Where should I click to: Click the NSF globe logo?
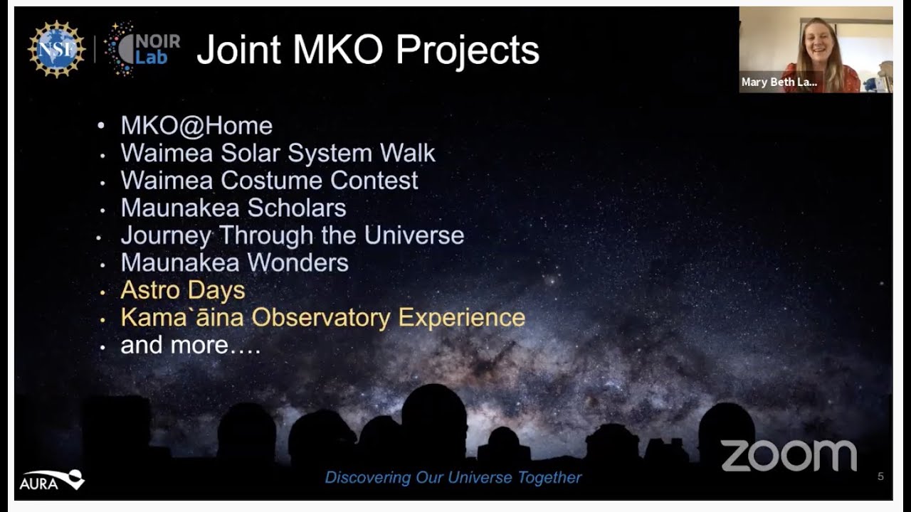56,49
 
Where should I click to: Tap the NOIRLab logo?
142,49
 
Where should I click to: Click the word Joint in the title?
238,50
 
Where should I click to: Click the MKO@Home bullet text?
196,125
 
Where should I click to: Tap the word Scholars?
297,208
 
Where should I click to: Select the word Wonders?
297,262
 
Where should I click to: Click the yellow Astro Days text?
183,291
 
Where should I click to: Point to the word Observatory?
321,318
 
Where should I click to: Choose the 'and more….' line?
190,345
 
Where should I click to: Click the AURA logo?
52,480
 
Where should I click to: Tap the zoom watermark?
789,456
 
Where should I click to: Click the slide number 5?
880,476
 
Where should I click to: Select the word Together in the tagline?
549,478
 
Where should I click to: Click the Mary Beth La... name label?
779,82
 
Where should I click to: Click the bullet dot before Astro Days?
102,292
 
